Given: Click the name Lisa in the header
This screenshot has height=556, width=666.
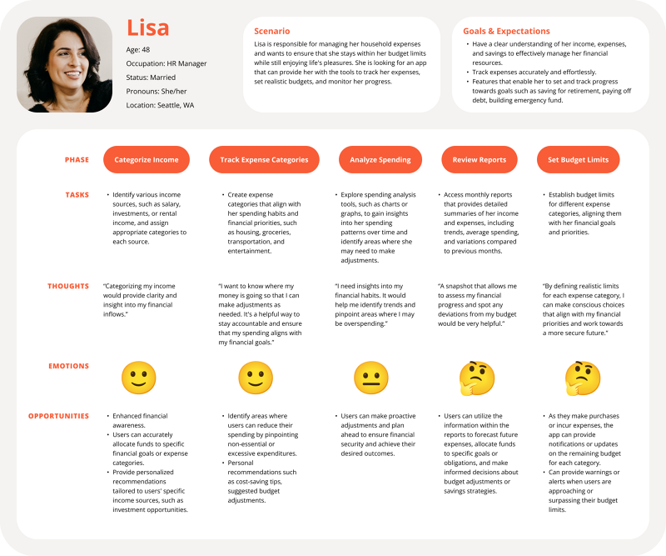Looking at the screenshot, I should (x=148, y=28).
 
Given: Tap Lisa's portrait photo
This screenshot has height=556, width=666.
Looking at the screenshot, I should (x=64, y=64).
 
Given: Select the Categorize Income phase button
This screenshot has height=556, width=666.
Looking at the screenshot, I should (x=147, y=159).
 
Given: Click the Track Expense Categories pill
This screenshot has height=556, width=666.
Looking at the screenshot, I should (x=264, y=159).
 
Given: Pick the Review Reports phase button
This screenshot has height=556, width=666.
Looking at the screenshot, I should (x=479, y=159).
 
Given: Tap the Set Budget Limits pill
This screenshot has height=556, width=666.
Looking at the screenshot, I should (x=578, y=159).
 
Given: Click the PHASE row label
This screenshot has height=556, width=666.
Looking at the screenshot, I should (x=77, y=159).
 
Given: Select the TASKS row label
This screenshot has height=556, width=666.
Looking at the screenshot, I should (x=77, y=195).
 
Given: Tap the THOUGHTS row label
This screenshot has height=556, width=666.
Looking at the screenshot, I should (x=68, y=286).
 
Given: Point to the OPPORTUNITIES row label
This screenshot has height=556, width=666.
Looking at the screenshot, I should (x=58, y=416).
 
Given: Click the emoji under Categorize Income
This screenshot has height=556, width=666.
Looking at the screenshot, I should (x=139, y=378).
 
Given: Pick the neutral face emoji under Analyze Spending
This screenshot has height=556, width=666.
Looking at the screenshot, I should (x=371, y=378).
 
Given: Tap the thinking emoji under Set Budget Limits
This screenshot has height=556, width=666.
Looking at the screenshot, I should (x=583, y=378).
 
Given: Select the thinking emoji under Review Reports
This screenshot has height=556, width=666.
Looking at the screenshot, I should (x=477, y=378).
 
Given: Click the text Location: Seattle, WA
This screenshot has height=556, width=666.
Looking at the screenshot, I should (x=161, y=105).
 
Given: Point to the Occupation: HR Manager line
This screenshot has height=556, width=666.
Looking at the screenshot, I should (x=166, y=63).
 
